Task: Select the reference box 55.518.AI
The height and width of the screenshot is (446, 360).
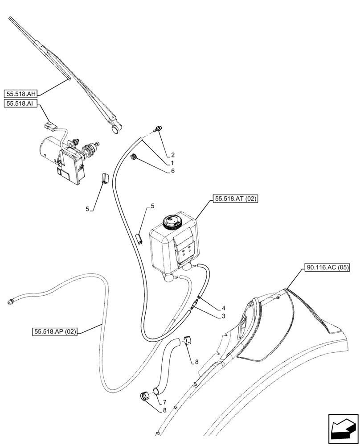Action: point(21,103)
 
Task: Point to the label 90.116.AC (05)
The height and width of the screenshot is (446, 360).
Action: point(327,268)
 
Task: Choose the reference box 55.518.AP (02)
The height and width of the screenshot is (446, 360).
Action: point(55,332)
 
